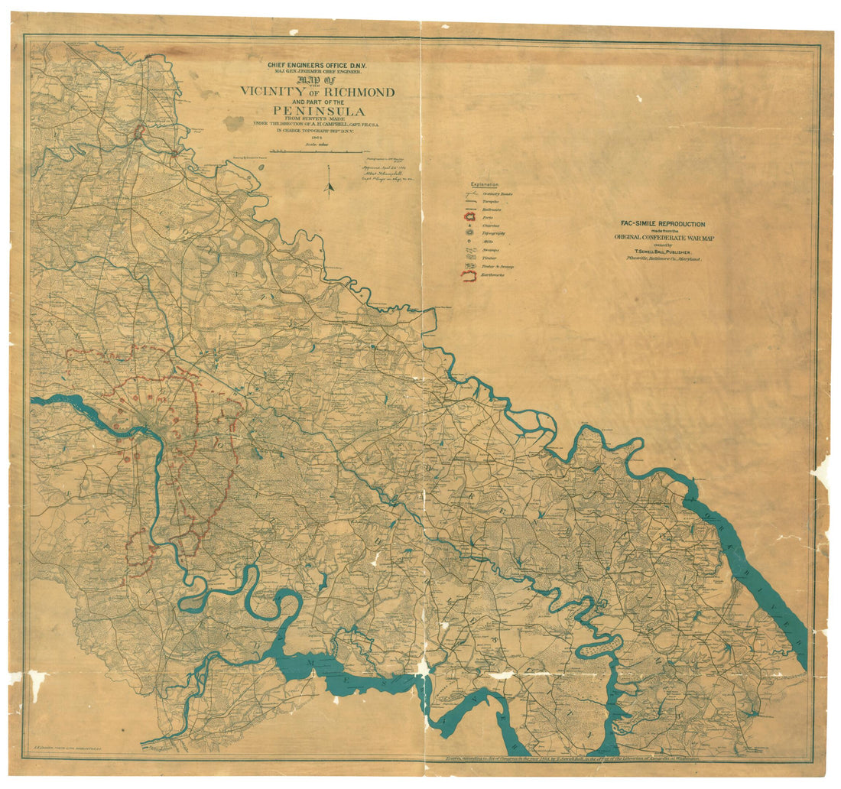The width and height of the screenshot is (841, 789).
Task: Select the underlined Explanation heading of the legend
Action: point(485,185)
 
